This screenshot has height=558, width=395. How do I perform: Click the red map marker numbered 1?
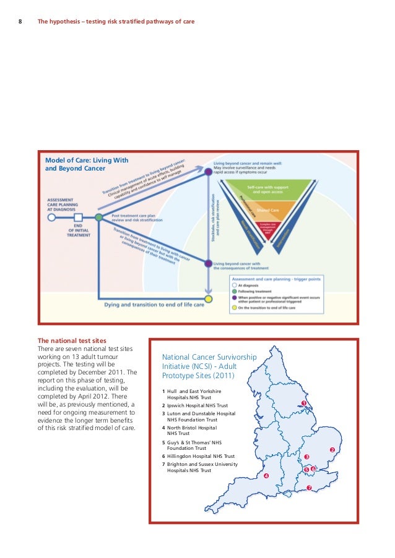point(304,403)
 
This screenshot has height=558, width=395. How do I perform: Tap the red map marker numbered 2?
point(332,449)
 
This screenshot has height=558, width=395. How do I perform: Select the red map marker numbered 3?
point(306,457)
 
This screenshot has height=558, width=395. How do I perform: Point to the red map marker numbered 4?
point(266,476)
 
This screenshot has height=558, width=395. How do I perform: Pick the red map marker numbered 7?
point(309,488)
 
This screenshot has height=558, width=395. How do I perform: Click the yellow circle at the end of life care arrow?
point(209,299)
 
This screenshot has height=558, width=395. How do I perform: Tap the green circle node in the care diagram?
point(98,217)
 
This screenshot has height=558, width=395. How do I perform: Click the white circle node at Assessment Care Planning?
point(52,217)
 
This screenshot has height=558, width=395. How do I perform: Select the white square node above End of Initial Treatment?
point(78,217)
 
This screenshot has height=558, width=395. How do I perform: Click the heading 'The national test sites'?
point(72,340)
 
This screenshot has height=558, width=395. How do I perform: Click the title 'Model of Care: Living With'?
point(87,160)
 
